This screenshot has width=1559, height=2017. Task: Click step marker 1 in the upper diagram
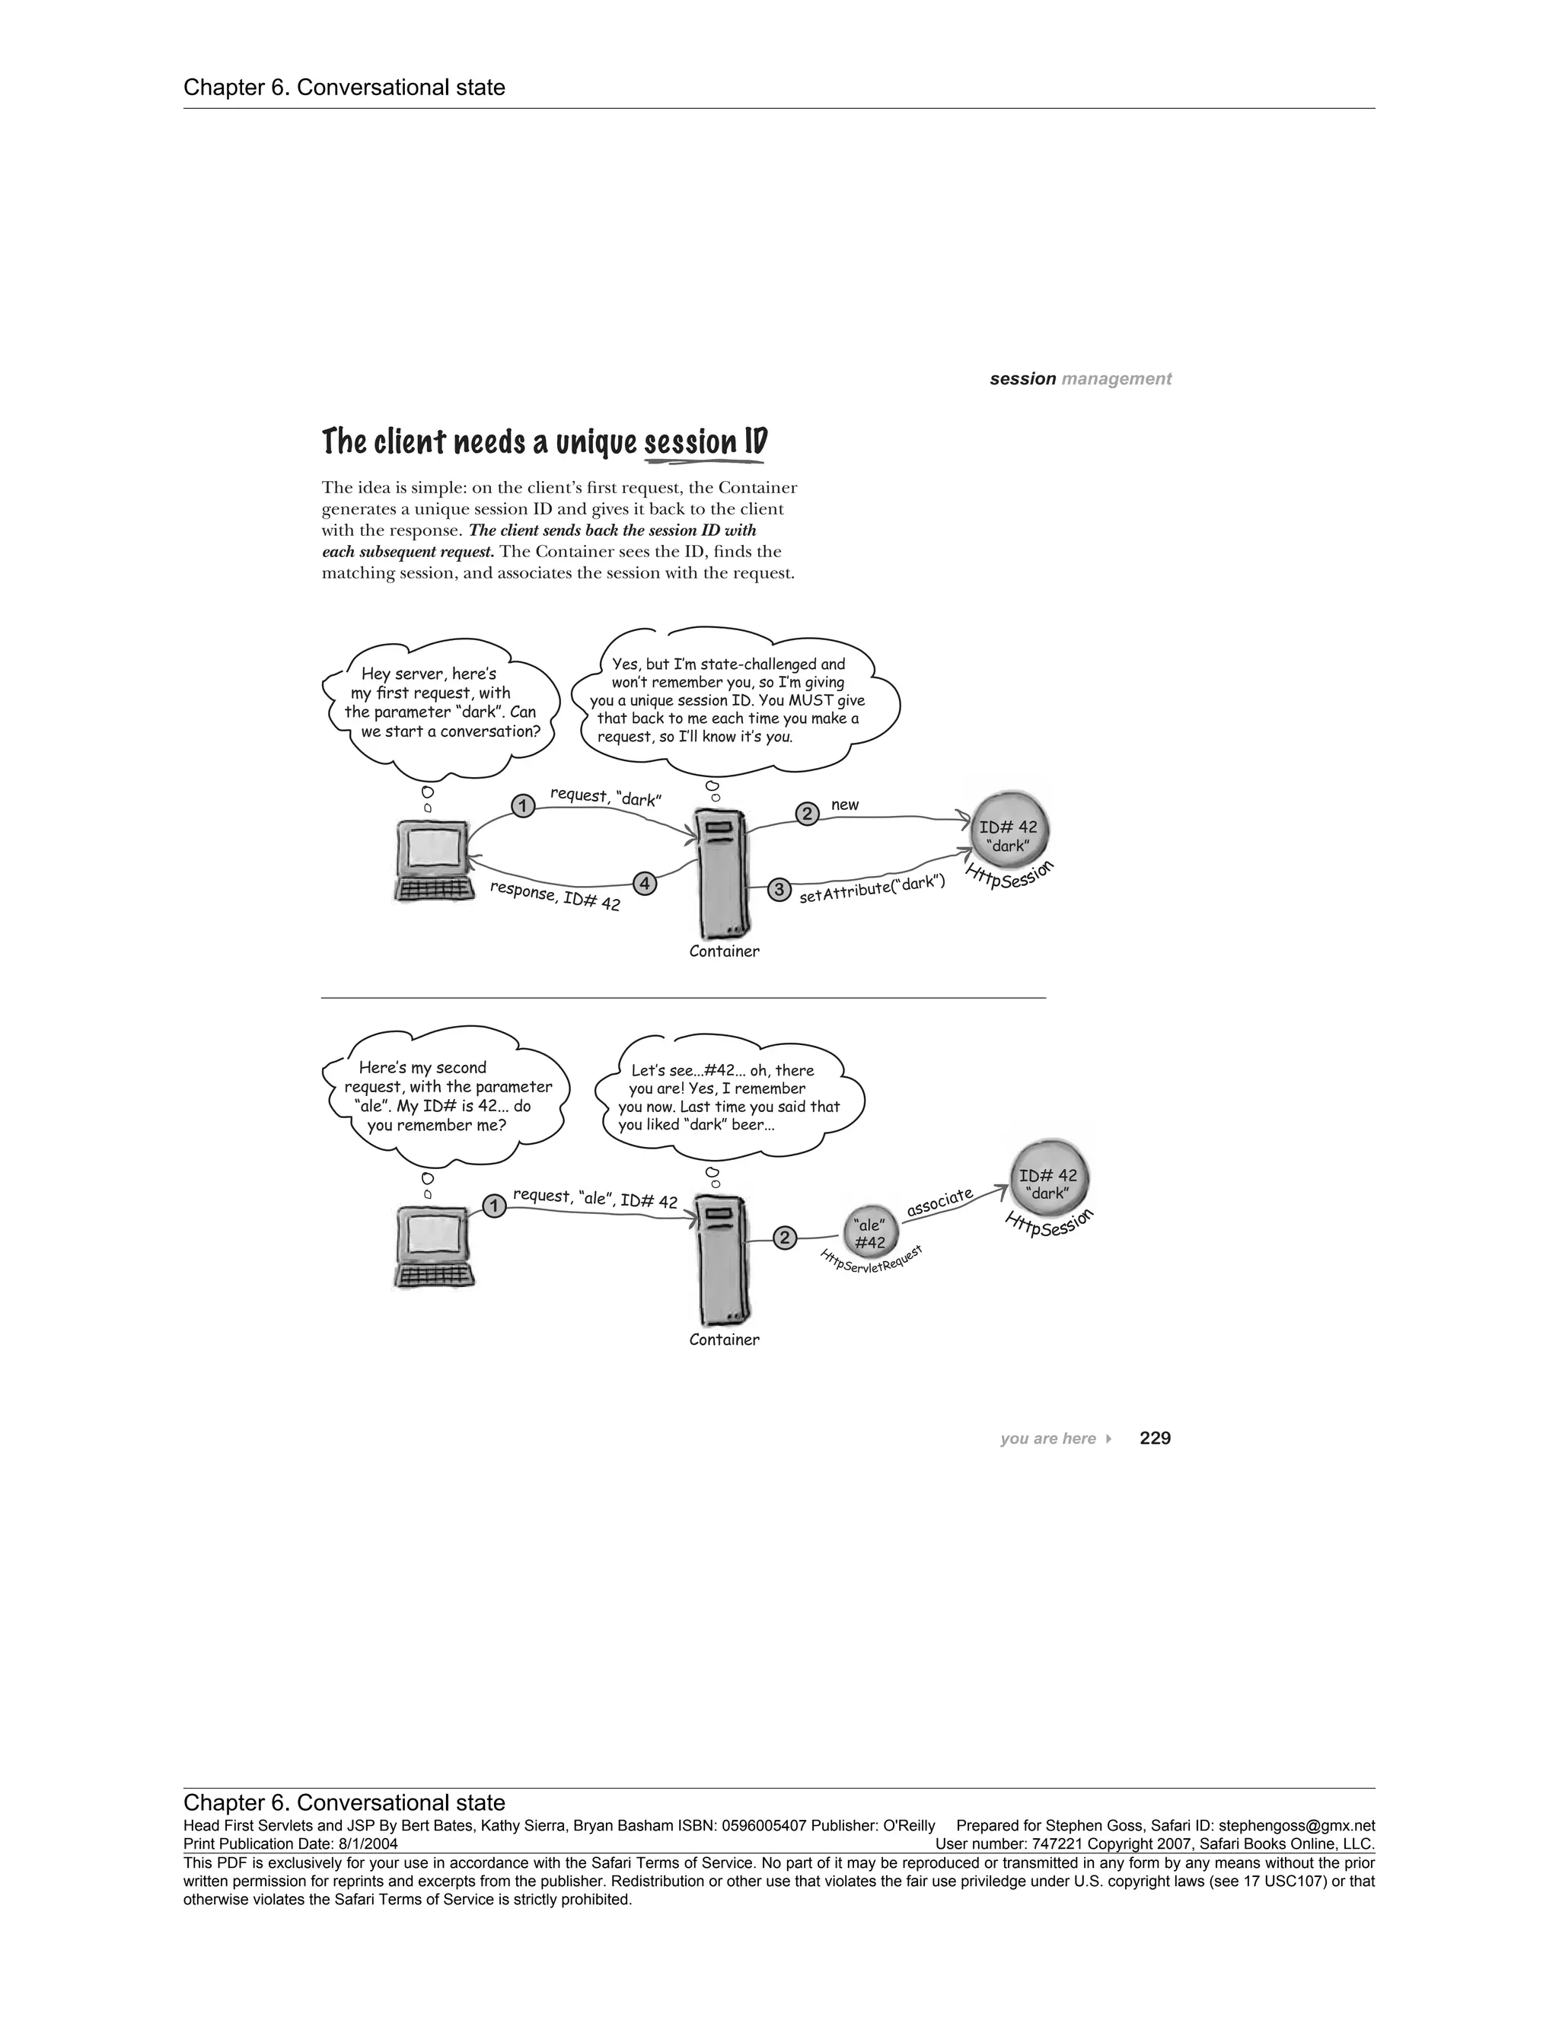pyautogui.click(x=523, y=806)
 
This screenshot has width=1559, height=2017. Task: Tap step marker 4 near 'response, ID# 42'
pyautogui.click(x=645, y=884)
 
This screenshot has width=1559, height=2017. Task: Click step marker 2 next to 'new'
pyautogui.click(x=807, y=814)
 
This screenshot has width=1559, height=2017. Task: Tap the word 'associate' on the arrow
pyautogui.click(x=939, y=1202)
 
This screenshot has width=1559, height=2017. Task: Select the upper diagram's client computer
pyautogui.click(x=432, y=861)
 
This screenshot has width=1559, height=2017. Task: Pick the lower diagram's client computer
pyautogui.click(x=432, y=1248)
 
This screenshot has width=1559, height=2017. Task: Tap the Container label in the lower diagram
pyautogui.click(x=724, y=1339)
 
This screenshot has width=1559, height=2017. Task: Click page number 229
pyautogui.click(x=1155, y=1438)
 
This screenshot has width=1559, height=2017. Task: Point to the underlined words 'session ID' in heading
pyautogui.click(x=706, y=442)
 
